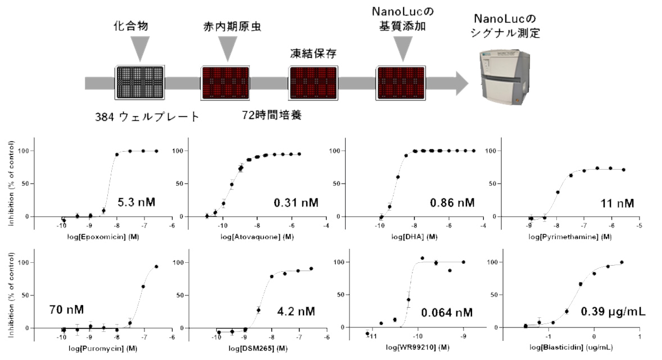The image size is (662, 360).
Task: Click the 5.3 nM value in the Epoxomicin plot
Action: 137,202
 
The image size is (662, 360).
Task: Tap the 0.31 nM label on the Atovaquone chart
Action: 296,203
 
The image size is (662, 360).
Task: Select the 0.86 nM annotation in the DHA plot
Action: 452,203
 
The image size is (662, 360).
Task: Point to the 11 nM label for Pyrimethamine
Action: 617,204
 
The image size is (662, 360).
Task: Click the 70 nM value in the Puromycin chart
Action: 66,310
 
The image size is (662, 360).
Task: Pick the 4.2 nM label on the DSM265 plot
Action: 296,312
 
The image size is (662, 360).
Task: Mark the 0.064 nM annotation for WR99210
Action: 447,313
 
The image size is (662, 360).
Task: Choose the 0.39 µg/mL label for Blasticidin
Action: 613,312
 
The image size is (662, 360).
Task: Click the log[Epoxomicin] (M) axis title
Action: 103,237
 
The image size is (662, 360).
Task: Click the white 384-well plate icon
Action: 140,83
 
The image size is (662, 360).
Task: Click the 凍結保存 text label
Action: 313,53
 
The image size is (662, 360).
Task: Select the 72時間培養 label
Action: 272,115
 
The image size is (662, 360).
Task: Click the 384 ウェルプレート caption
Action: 147,116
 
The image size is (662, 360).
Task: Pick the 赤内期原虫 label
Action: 232,26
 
